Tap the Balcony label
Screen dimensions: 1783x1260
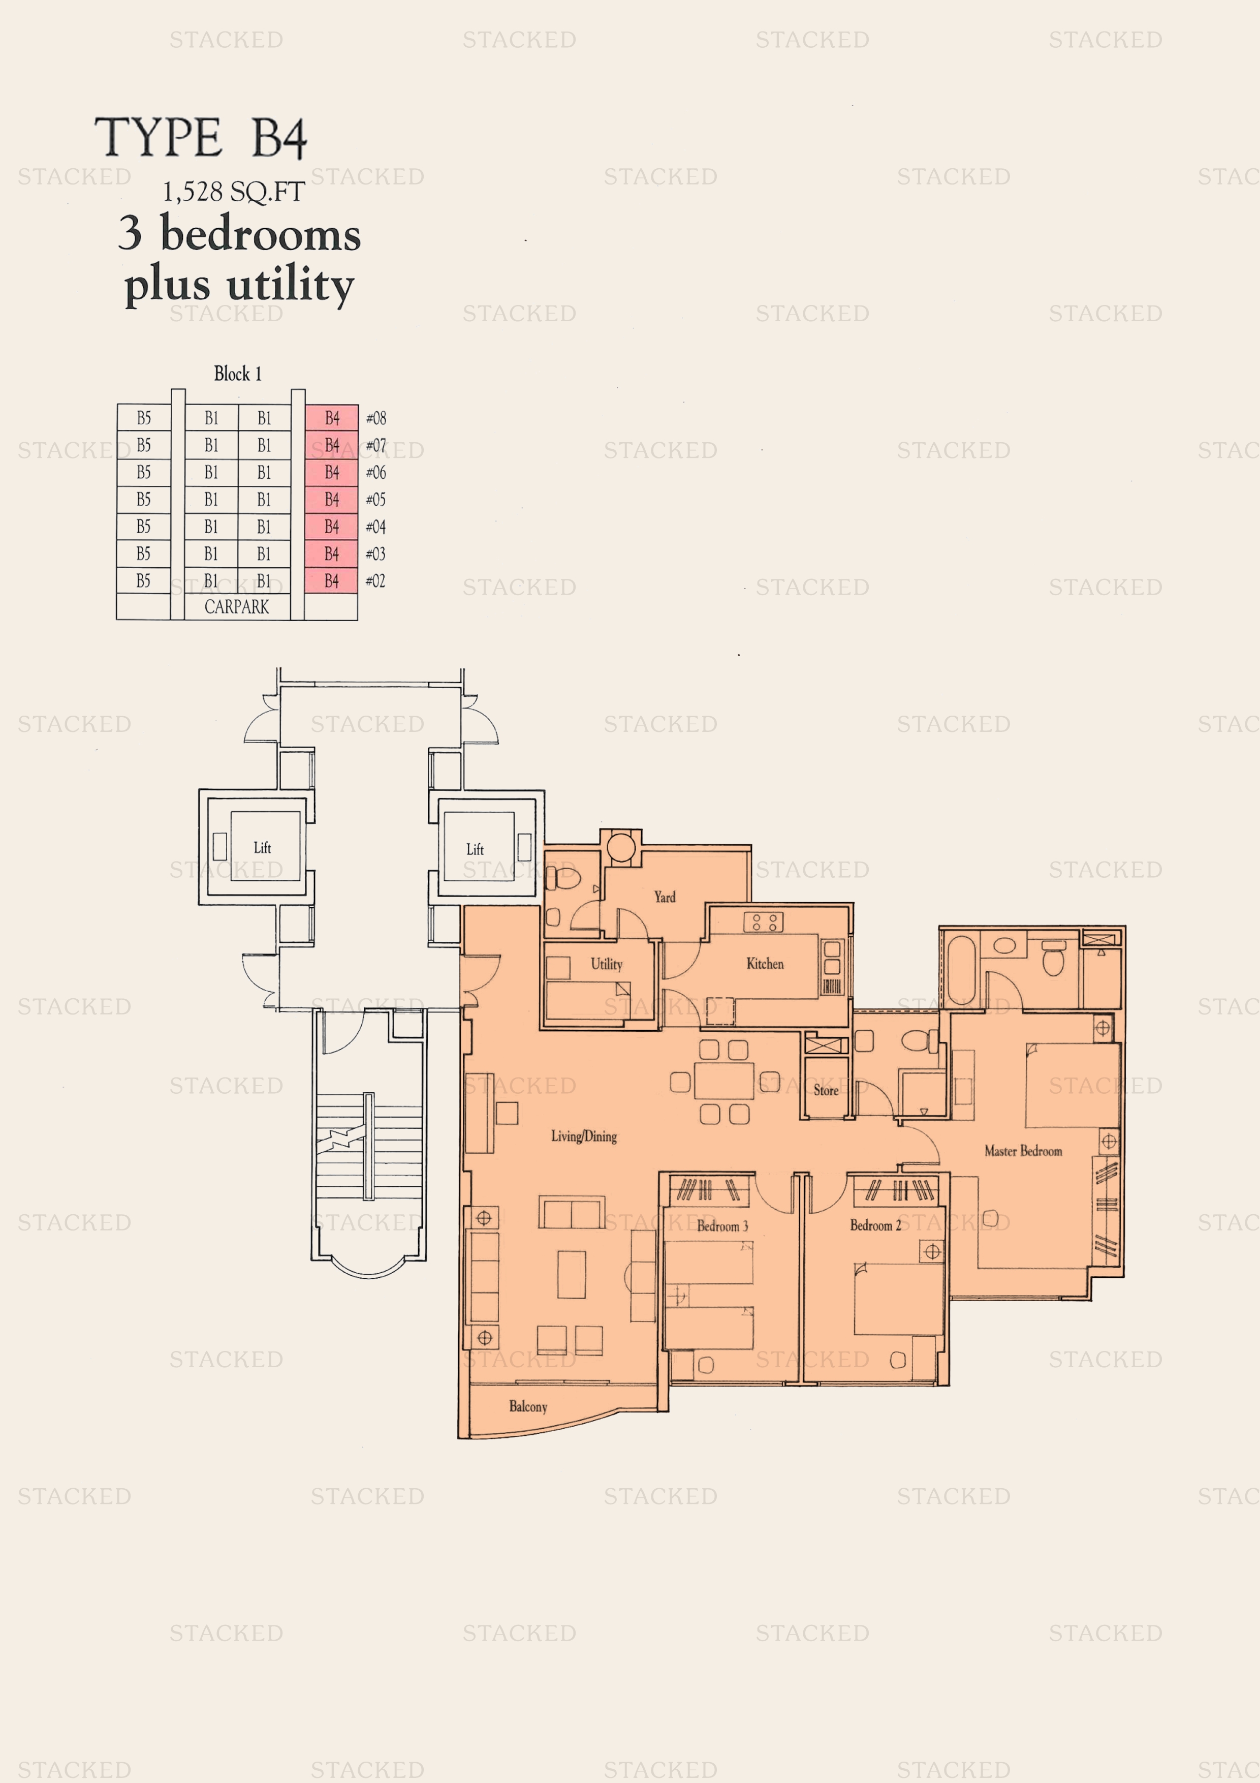coord(528,1406)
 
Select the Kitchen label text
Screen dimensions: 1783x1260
coord(765,964)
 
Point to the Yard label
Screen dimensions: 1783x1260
coord(665,897)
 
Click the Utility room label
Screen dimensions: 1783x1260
coord(606,964)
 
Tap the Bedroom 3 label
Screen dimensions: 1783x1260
coord(722,1226)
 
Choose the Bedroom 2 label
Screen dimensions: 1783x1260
coord(875,1225)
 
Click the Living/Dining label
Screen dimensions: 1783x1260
coord(584,1136)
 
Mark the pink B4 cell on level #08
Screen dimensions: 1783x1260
coord(331,418)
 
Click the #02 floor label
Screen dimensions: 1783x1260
coord(376,581)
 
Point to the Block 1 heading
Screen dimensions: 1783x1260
coord(238,374)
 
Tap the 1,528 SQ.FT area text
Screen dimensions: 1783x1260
coord(233,192)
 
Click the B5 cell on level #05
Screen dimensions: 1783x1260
coord(144,499)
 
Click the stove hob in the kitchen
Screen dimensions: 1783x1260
coord(763,922)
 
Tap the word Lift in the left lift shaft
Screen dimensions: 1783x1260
coord(262,847)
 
